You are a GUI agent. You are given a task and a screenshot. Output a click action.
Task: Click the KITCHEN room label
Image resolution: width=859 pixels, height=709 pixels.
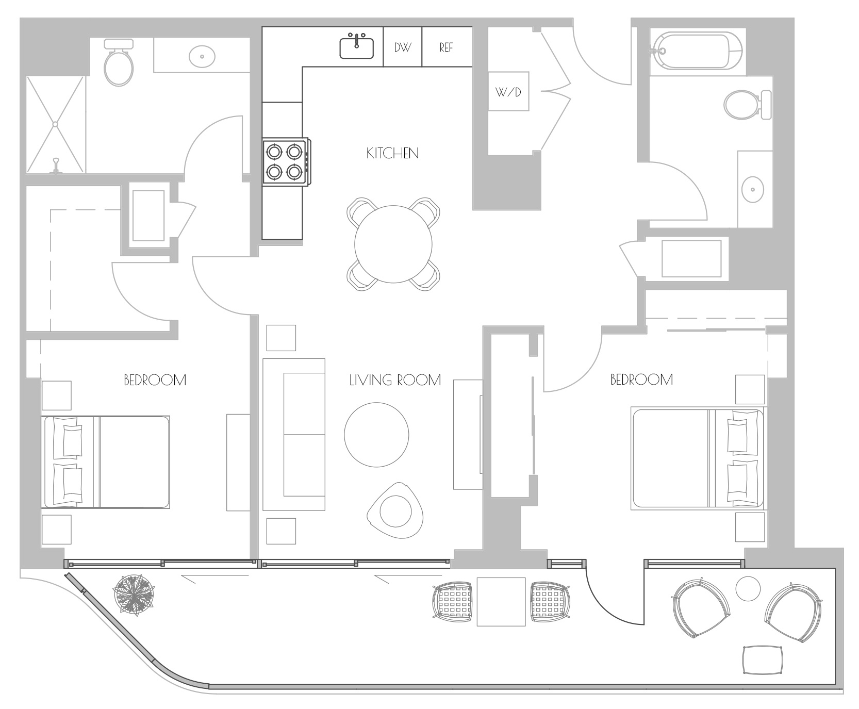392,153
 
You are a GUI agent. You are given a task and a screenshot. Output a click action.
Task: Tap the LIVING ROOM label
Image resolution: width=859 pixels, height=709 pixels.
395,381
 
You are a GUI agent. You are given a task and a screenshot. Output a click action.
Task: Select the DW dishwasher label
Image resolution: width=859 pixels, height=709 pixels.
403,47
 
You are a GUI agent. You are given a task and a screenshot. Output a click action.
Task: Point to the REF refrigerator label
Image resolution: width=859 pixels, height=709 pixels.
446,47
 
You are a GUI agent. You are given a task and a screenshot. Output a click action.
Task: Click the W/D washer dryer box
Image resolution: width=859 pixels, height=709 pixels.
508,91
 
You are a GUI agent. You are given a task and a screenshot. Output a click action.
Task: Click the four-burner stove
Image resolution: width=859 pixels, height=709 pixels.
286,161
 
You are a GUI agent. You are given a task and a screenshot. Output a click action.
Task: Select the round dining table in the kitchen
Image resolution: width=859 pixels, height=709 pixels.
393,244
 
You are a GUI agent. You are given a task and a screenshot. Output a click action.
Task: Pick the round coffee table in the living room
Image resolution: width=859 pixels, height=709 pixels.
376,435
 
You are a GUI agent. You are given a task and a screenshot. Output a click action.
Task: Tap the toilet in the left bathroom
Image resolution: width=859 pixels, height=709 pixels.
119,62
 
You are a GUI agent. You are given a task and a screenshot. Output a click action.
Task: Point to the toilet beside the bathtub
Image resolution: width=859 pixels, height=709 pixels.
748,105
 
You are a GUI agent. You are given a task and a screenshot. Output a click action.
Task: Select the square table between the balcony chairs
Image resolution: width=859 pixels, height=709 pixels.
501,602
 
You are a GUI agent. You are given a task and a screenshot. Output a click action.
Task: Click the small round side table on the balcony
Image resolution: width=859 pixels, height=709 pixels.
748,588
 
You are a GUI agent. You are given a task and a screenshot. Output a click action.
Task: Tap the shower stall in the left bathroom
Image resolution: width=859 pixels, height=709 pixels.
55,124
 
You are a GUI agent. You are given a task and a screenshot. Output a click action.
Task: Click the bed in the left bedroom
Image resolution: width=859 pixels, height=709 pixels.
107,462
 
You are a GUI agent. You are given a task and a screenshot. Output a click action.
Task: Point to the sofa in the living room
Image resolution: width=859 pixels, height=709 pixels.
294,434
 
